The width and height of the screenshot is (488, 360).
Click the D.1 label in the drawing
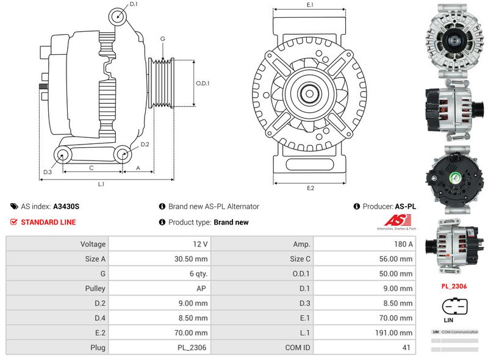[134, 4]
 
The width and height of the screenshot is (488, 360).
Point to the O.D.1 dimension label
[203, 84]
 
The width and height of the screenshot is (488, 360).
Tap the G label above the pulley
[162, 39]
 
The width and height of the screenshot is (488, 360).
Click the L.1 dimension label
[101, 184]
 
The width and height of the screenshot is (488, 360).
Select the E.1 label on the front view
[310, 5]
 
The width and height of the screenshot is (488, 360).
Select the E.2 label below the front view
[310, 188]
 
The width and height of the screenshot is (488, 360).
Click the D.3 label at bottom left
[48, 173]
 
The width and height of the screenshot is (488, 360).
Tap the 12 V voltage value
[199, 244]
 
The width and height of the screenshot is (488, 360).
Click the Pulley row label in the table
[96, 288]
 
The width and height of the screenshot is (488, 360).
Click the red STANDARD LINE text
[48, 222]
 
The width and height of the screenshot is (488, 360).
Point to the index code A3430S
[66, 206]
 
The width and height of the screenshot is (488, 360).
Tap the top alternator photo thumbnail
[453, 38]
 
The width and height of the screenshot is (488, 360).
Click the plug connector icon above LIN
[454, 306]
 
